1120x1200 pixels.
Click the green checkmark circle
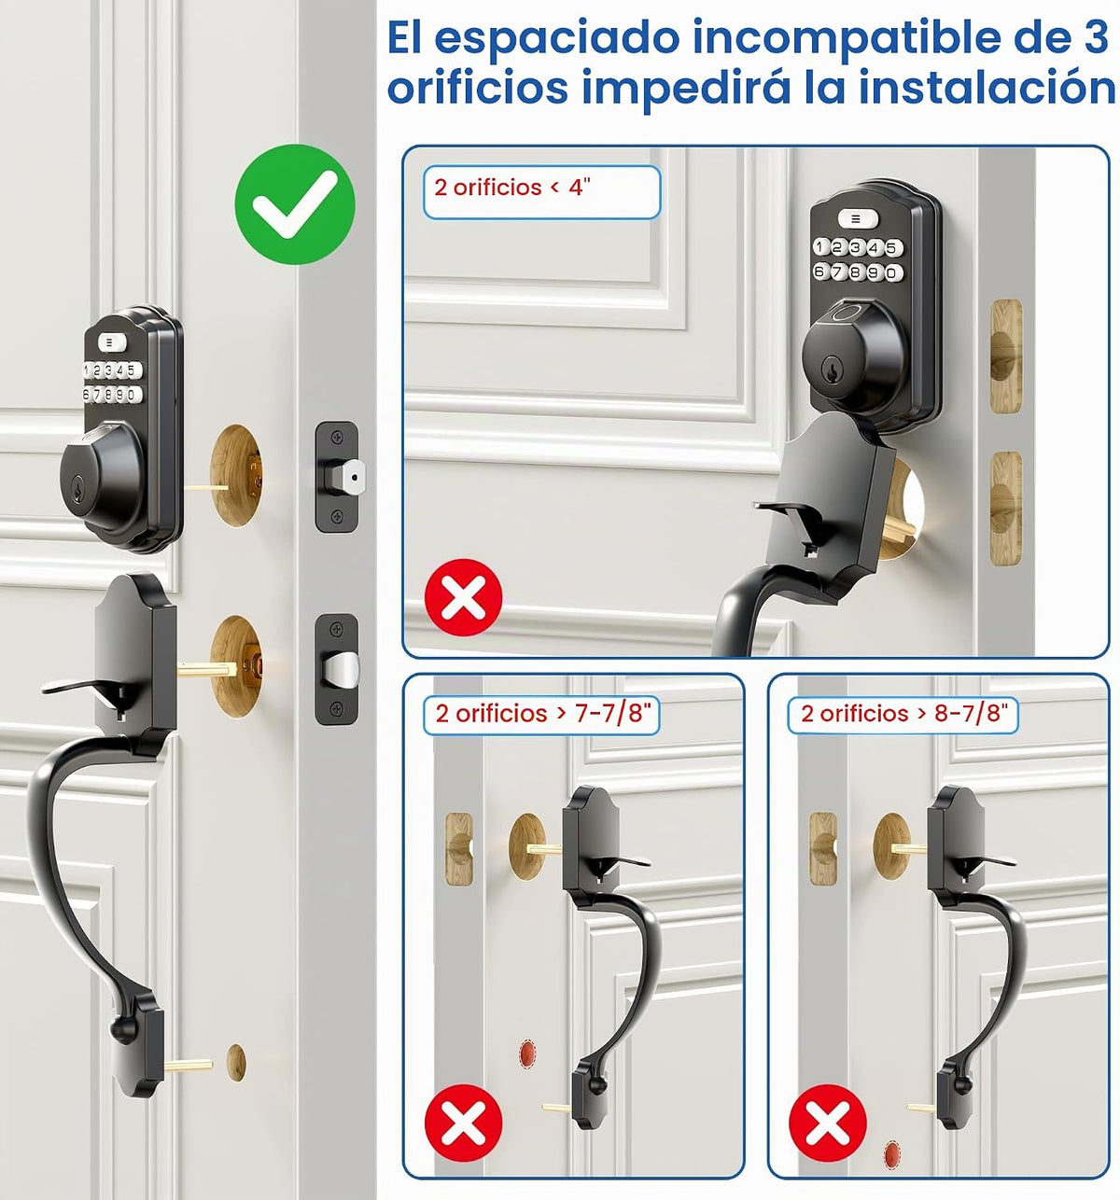[295, 204]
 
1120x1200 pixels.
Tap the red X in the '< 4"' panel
[463, 597]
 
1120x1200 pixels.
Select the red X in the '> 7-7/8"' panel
[463, 1123]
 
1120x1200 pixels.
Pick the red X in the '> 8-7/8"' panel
[828, 1123]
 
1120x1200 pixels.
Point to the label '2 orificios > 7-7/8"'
[541, 715]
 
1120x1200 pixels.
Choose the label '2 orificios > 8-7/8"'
[903, 715]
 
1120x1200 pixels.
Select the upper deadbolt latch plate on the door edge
[337, 478]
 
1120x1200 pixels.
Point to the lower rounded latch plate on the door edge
[337, 669]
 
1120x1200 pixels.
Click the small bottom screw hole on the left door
[236, 1063]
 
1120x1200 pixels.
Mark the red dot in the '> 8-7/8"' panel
[891, 1154]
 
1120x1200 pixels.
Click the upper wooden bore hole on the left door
[236, 475]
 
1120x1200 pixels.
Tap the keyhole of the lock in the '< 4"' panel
[831, 370]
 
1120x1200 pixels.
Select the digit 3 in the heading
[1093, 37]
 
